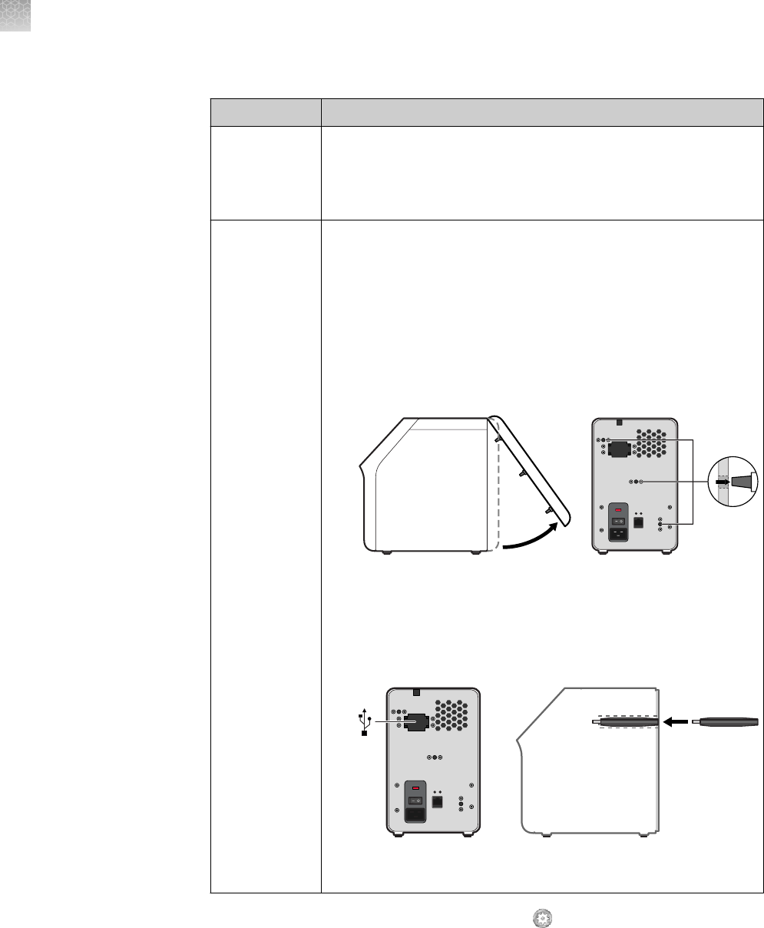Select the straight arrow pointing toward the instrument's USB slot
pos(676,722)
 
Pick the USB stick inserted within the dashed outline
pos(623,722)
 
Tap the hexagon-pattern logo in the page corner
pos(15,15)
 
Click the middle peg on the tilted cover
pos(521,474)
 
